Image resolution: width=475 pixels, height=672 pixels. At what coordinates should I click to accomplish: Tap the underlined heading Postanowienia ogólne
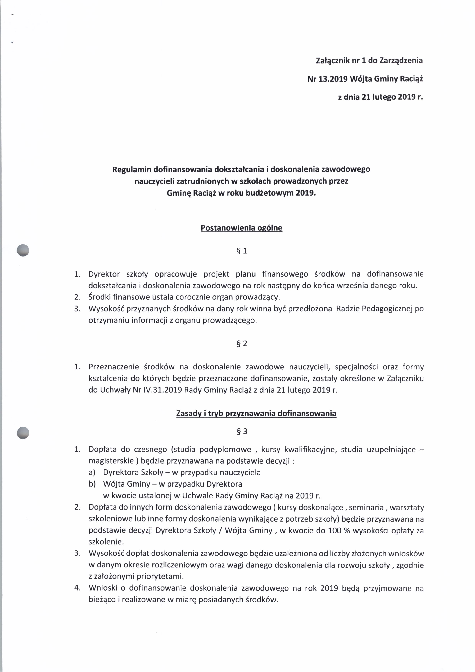(x=241, y=228)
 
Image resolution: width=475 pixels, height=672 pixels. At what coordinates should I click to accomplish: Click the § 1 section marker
(x=242, y=251)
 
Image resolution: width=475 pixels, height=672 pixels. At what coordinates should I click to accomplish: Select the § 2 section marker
(x=242, y=344)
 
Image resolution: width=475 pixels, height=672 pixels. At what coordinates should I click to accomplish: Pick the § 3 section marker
(x=242, y=431)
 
